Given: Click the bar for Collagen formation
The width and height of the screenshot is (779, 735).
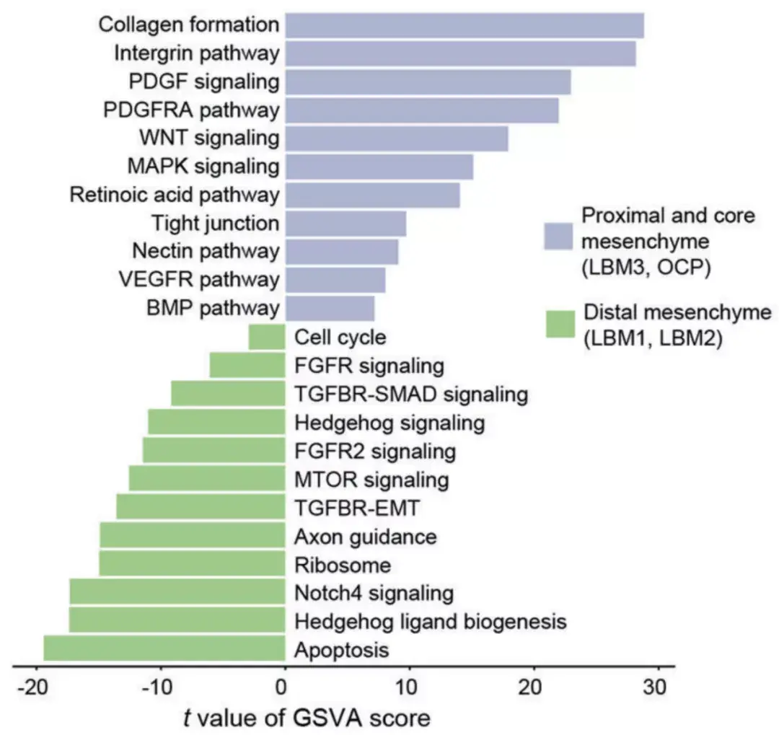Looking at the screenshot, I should (464, 25).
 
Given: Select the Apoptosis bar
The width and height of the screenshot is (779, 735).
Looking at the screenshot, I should (164, 649).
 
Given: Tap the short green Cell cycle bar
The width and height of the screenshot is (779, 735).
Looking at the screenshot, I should (267, 337).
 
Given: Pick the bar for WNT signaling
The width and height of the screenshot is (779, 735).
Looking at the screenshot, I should (397, 138).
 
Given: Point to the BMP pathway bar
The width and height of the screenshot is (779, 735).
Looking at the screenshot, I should (330, 309).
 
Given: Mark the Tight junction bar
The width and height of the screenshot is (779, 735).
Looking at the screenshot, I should (346, 224).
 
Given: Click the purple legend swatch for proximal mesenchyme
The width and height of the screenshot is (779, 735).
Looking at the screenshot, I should (558, 236).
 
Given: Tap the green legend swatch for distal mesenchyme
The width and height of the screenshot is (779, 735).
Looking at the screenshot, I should (559, 324).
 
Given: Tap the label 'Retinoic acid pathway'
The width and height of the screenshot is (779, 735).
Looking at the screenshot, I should (174, 195).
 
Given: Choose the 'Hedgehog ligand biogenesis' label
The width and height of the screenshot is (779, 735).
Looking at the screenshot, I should (431, 621).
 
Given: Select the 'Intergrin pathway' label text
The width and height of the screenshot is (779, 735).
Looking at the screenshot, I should (196, 53).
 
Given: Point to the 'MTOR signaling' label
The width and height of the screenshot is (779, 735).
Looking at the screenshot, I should (371, 479).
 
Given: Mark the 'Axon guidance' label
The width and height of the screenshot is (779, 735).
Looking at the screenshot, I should (366, 536).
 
